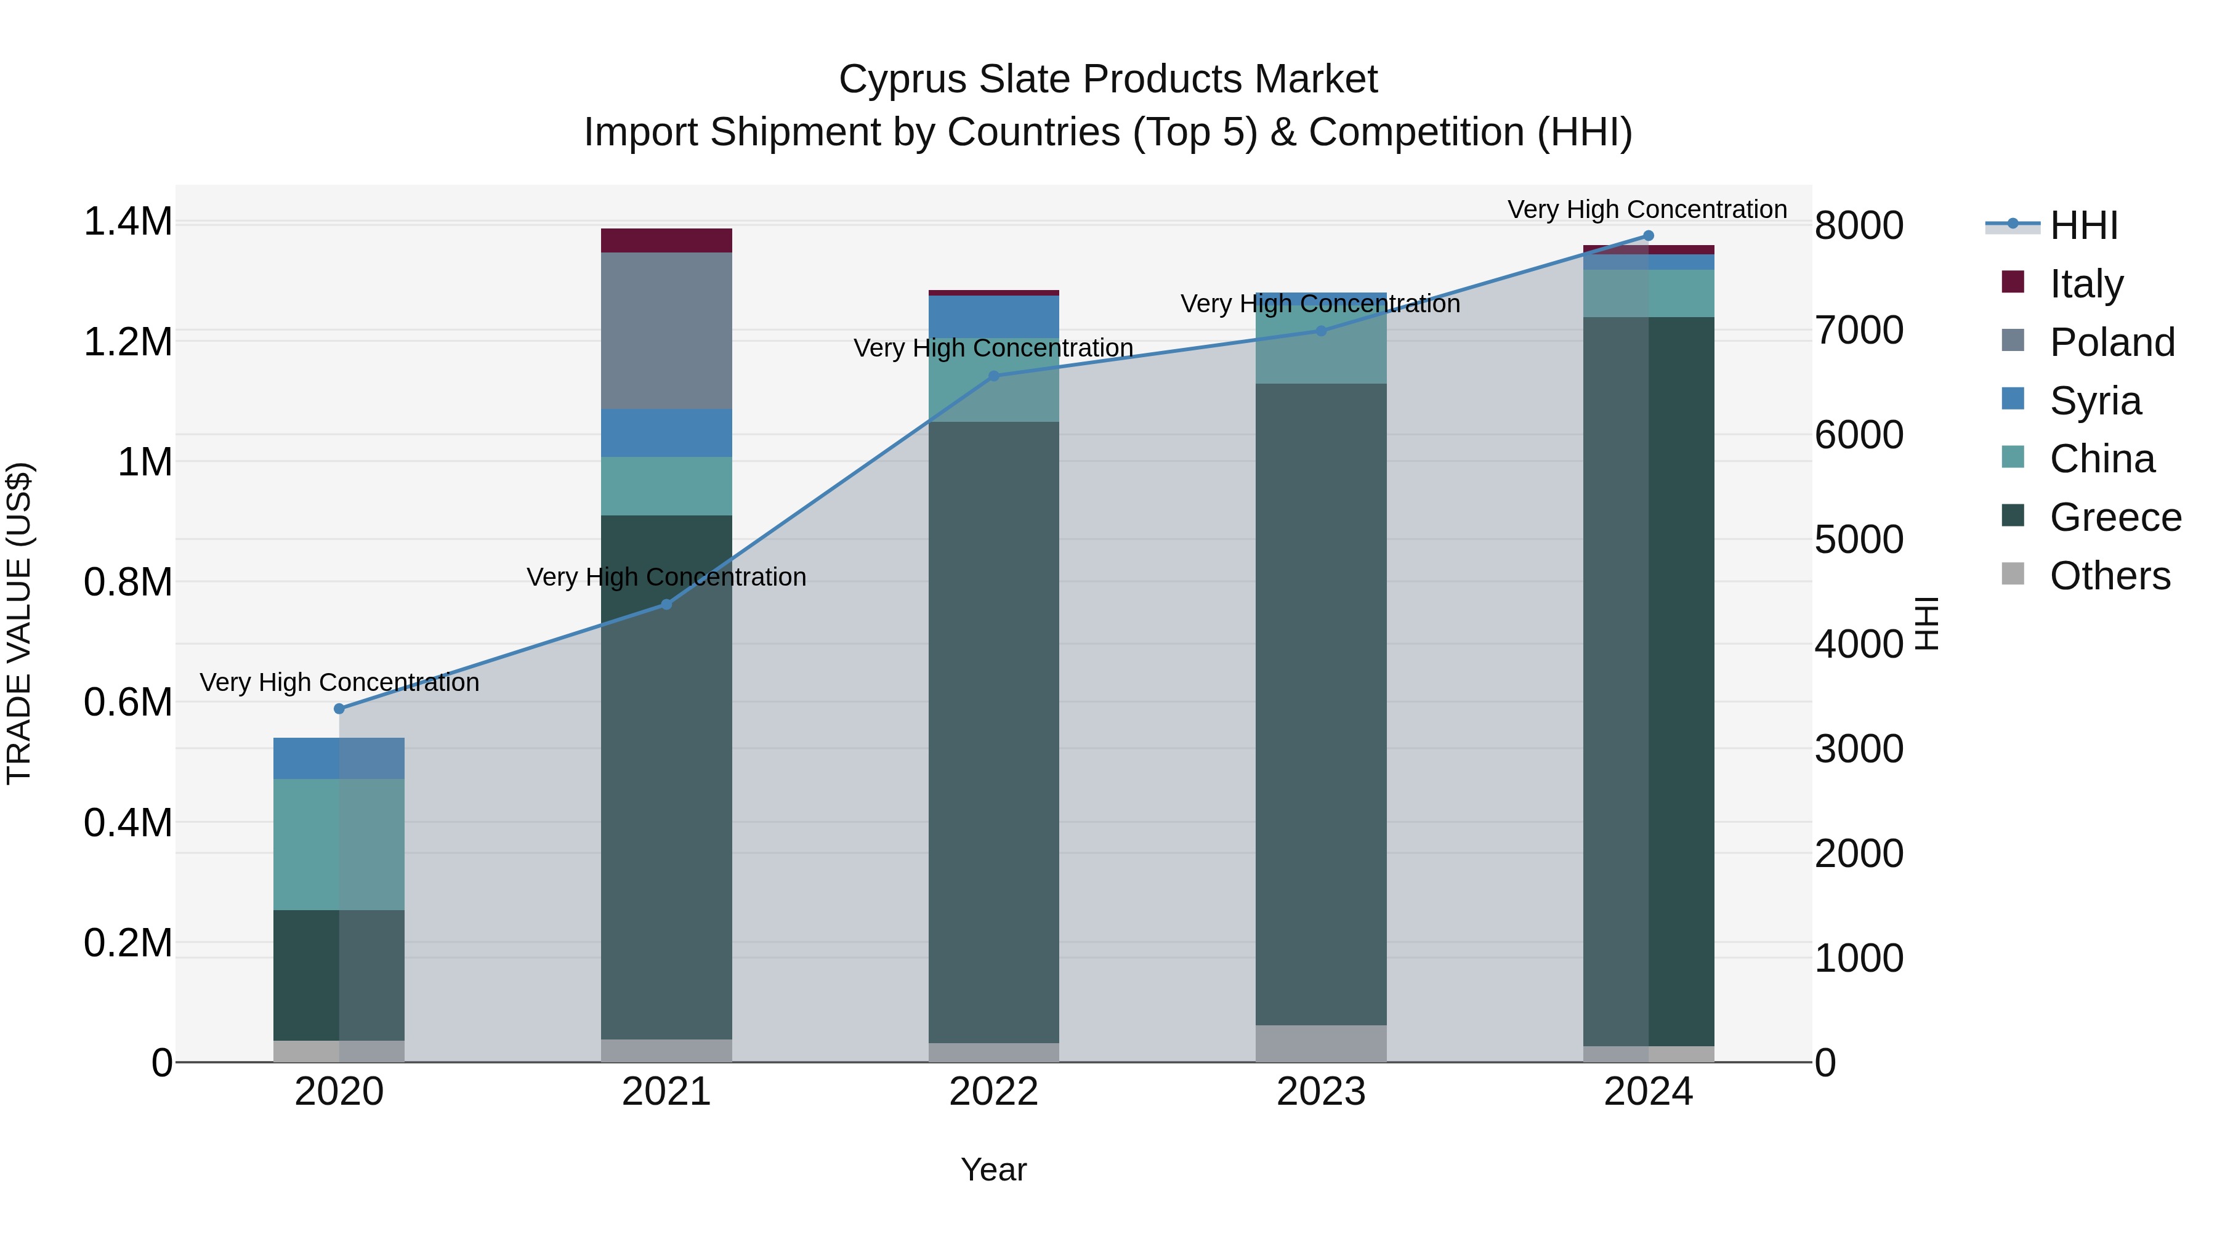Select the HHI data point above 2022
993,376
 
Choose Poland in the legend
2111,342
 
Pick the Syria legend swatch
2013,399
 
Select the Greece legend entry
2115,517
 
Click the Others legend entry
2109,576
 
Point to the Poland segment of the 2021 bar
666,331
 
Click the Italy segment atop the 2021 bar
666,240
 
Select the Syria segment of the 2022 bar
993,317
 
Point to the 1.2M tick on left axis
127,342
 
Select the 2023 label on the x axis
1321,1092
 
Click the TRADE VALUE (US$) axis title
19,623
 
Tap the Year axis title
993,1169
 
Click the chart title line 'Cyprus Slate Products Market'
1108,79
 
